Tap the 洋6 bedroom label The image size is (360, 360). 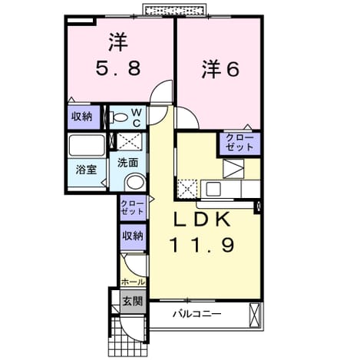click(x=220, y=69)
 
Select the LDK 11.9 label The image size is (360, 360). click(x=202, y=232)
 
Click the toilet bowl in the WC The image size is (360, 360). click(x=120, y=118)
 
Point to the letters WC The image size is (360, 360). click(x=137, y=118)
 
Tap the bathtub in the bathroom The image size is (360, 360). click(x=87, y=145)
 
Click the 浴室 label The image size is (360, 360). click(x=86, y=169)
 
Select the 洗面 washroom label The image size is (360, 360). click(x=128, y=163)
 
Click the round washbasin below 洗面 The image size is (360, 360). click(x=135, y=182)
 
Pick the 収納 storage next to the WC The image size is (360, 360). click(x=81, y=117)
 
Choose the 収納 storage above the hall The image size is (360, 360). click(x=133, y=236)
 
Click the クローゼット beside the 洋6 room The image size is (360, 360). click(x=239, y=143)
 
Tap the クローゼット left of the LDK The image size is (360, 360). click(x=133, y=207)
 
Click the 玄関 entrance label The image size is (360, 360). click(x=132, y=301)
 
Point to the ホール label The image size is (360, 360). click(x=133, y=282)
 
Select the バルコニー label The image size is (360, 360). click(x=197, y=314)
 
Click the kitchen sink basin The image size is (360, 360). click(x=213, y=190)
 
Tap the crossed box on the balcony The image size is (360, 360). click(x=256, y=315)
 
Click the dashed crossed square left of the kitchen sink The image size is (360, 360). click(x=187, y=189)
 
